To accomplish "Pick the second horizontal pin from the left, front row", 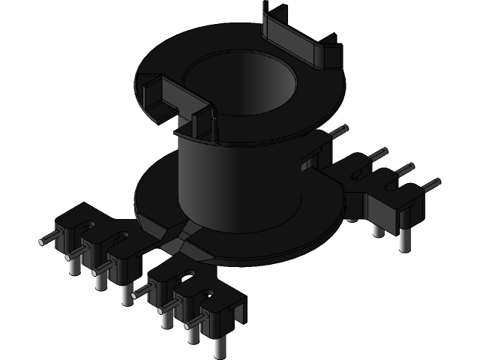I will click(73, 255).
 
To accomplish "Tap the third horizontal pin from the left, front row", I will click(99, 271).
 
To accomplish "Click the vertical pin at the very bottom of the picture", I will click(219, 346).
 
